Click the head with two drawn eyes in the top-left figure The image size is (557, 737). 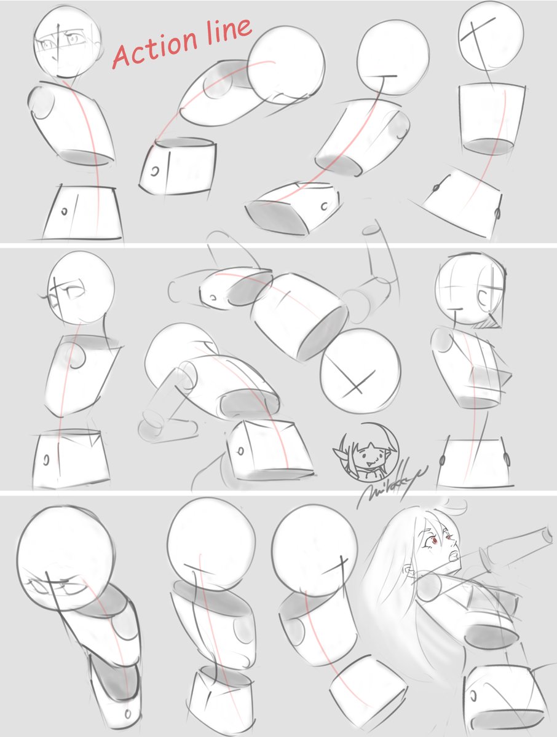(x=66, y=42)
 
